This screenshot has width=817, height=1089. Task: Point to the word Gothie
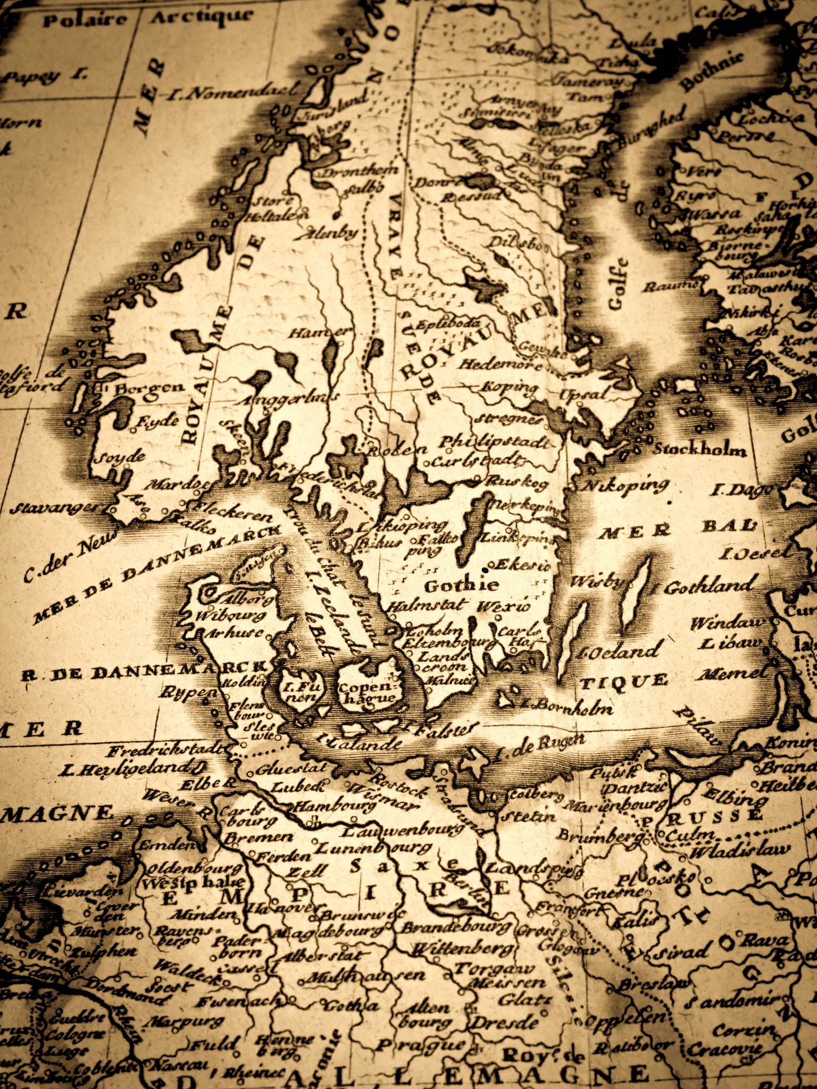pyautogui.click(x=462, y=585)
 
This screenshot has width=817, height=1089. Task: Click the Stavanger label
pyautogui.click(x=55, y=508)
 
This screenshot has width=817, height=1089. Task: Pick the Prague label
pyautogui.click(x=422, y=1045)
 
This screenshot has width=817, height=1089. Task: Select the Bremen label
pyautogui.click(x=258, y=837)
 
